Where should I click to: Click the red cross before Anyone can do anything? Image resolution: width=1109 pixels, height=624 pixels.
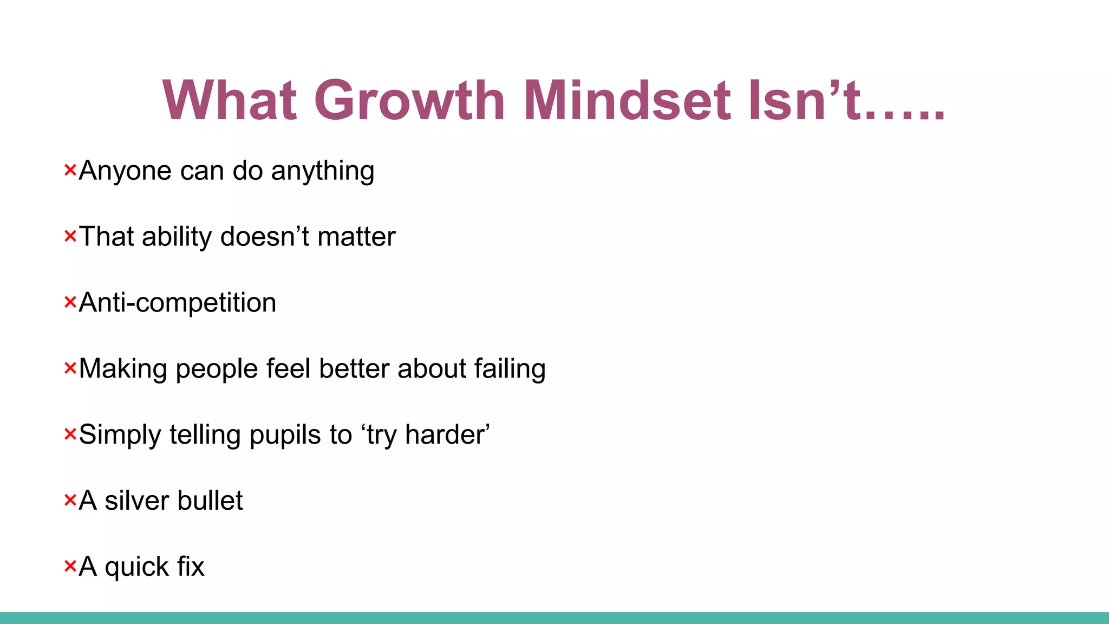coord(70,170)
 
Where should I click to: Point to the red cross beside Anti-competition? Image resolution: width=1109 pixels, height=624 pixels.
coord(70,302)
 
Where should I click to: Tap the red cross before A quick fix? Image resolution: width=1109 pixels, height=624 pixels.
coord(70,566)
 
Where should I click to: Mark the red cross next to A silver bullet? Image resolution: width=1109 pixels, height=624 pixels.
coord(70,500)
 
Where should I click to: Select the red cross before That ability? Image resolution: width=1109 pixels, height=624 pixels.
coord(70,236)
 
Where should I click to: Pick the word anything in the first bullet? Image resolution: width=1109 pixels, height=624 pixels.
coord(323,171)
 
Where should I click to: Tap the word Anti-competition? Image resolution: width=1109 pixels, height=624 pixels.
coord(178,303)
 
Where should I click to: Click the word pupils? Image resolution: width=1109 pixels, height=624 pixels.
coord(285,435)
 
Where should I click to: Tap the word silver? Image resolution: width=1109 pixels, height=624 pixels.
coord(136,500)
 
